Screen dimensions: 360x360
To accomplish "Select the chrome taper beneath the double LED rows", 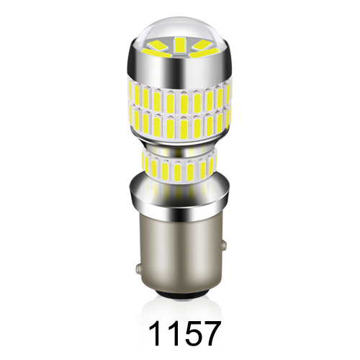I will [x=179, y=148].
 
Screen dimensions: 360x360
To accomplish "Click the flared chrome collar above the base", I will [x=179, y=198].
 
